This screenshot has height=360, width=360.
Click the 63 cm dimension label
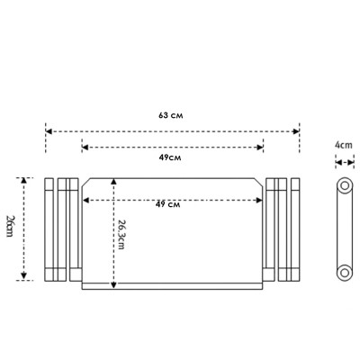(x=171, y=115)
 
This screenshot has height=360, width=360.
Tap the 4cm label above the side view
(x=344, y=145)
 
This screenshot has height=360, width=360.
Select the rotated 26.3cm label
(x=121, y=234)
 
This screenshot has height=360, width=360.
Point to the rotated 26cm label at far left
(x=10, y=226)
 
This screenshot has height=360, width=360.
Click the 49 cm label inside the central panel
(x=168, y=204)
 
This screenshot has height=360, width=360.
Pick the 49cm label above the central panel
(x=170, y=157)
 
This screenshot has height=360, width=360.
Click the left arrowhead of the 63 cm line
(x=49, y=131)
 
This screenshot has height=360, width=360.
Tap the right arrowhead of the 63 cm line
(x=296, y=131)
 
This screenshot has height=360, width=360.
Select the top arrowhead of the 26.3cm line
(x=113, y=181)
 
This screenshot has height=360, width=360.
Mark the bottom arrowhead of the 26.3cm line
(x=113, y=285)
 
